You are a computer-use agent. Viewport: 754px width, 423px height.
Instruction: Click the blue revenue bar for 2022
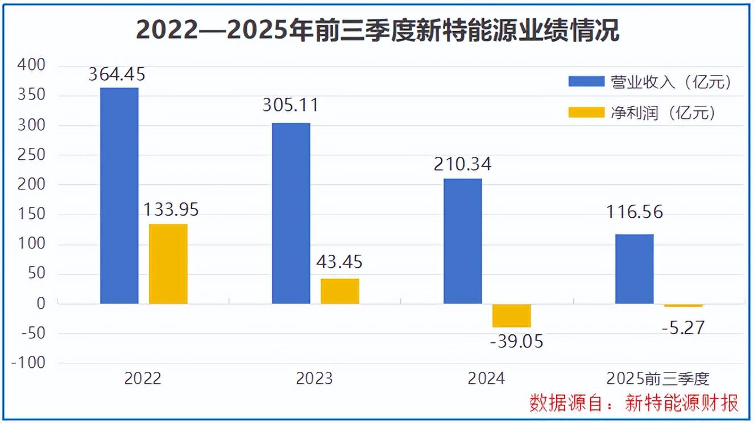[119, 196]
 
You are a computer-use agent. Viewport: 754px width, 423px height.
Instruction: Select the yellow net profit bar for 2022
[168, 264]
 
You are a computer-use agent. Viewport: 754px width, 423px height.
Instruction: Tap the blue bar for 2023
[291, 213]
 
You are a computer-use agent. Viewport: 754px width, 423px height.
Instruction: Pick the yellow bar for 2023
[340, 291]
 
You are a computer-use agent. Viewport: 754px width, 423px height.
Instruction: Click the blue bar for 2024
[463, 241]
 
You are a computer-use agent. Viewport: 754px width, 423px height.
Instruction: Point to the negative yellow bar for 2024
[512, 316]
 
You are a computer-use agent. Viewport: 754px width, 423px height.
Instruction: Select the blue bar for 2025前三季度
[635, 269]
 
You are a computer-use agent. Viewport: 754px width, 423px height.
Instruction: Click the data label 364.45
[117, 74]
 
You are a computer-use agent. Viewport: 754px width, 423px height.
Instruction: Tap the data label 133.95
[171, 210]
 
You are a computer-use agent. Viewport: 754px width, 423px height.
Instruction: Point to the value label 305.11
[291, 106]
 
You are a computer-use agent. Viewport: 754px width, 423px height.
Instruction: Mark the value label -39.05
[516, 341]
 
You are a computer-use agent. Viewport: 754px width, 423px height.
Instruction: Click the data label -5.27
[683, 328]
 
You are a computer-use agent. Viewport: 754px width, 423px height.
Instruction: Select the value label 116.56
[635, 213]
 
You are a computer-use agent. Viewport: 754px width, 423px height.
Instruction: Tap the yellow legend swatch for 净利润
[586, 113]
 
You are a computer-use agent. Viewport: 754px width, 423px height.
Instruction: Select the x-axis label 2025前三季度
[658, 379]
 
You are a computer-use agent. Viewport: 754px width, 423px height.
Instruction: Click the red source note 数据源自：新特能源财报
[634, 403]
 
